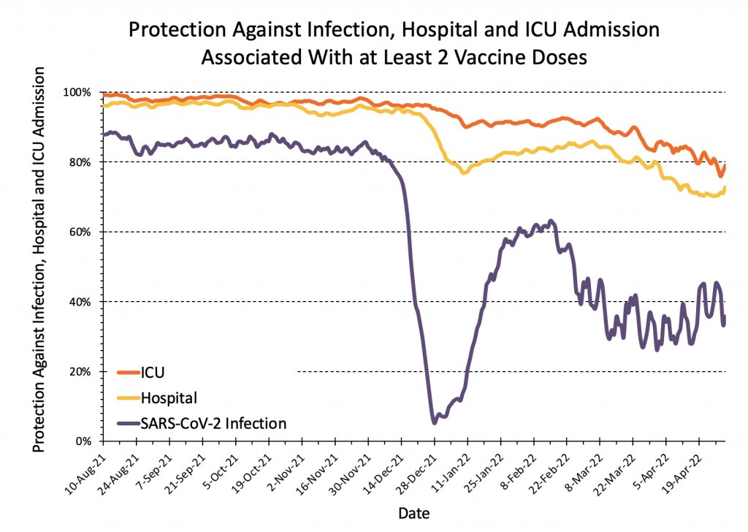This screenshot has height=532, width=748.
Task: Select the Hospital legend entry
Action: point(169,398)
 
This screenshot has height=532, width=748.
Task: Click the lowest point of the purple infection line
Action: point(435,422)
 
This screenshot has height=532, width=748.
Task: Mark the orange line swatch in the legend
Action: point(129,373)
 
